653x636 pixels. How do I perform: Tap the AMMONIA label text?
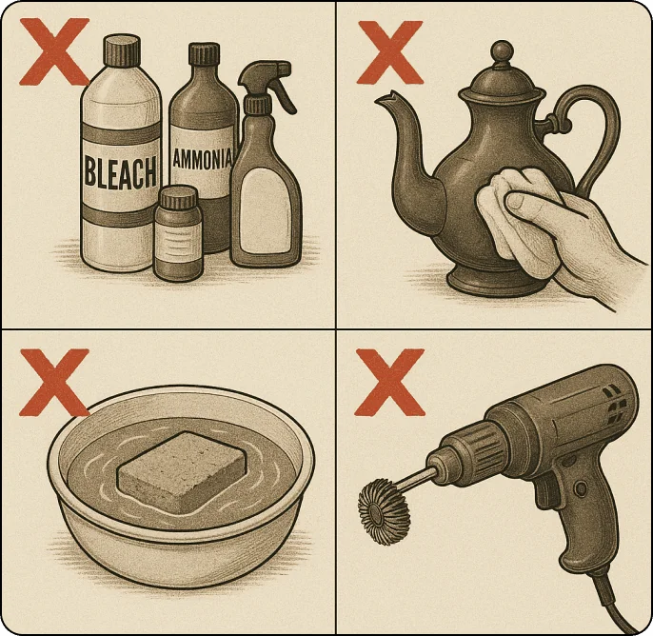click(201, 158)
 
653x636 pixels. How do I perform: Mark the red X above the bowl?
click(54, 380)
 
